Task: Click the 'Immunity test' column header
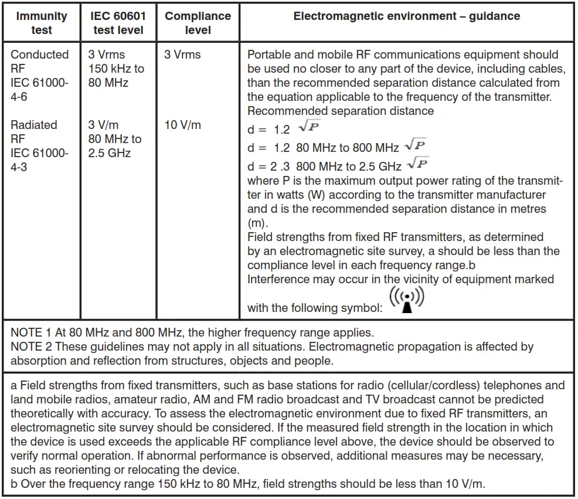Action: tap(41, 23)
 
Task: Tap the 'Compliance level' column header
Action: tap(198, 23)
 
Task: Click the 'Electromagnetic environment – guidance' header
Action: tap(406, 16)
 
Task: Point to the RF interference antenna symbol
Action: tap(406, 300)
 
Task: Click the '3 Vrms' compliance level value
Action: tap(182, 55)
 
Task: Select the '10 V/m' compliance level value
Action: tap(183, 125)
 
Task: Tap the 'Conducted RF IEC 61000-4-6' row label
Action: tap(39, 76)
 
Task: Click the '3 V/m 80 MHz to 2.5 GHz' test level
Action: tap(115, 140)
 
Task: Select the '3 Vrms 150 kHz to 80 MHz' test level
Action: tap(116, 69)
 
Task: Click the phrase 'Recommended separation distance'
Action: tap(340, 111)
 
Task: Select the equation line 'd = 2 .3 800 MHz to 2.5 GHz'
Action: tap(324, 166)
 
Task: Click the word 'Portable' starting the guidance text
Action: tap(269, 55)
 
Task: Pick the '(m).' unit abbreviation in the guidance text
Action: tap(257, 223)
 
